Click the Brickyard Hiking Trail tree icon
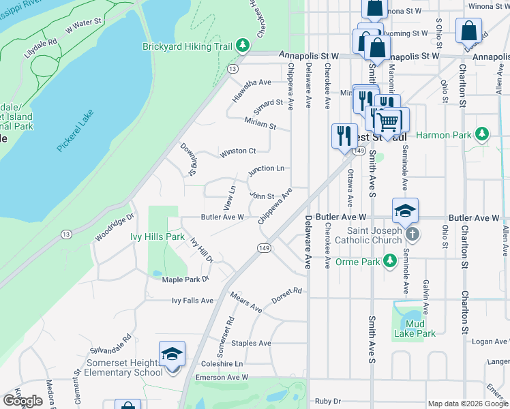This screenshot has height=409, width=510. (x=242, y=46)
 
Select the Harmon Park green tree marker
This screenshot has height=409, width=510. (x=482, y=134)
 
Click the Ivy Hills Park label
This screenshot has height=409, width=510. (x=157, y=237)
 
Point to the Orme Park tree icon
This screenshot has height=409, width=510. (x=389, y=260)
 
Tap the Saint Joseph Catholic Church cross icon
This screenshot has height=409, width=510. (x=412, y=234)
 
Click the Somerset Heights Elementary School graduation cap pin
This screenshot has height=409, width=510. (x=172, y=354)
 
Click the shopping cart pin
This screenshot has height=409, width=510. (x=388, y=122)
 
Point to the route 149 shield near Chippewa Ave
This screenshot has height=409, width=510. (x=263, y=248)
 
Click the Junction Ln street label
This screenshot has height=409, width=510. (x=266, y=168)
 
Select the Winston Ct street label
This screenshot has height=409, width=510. (x=237, y=151)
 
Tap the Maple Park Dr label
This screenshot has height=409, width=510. (x=185, y=279)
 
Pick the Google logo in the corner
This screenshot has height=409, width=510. (x=22, y=401)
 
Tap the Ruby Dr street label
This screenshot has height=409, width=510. (x=327, y=402)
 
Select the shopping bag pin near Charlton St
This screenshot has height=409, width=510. (x=469, y=31)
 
